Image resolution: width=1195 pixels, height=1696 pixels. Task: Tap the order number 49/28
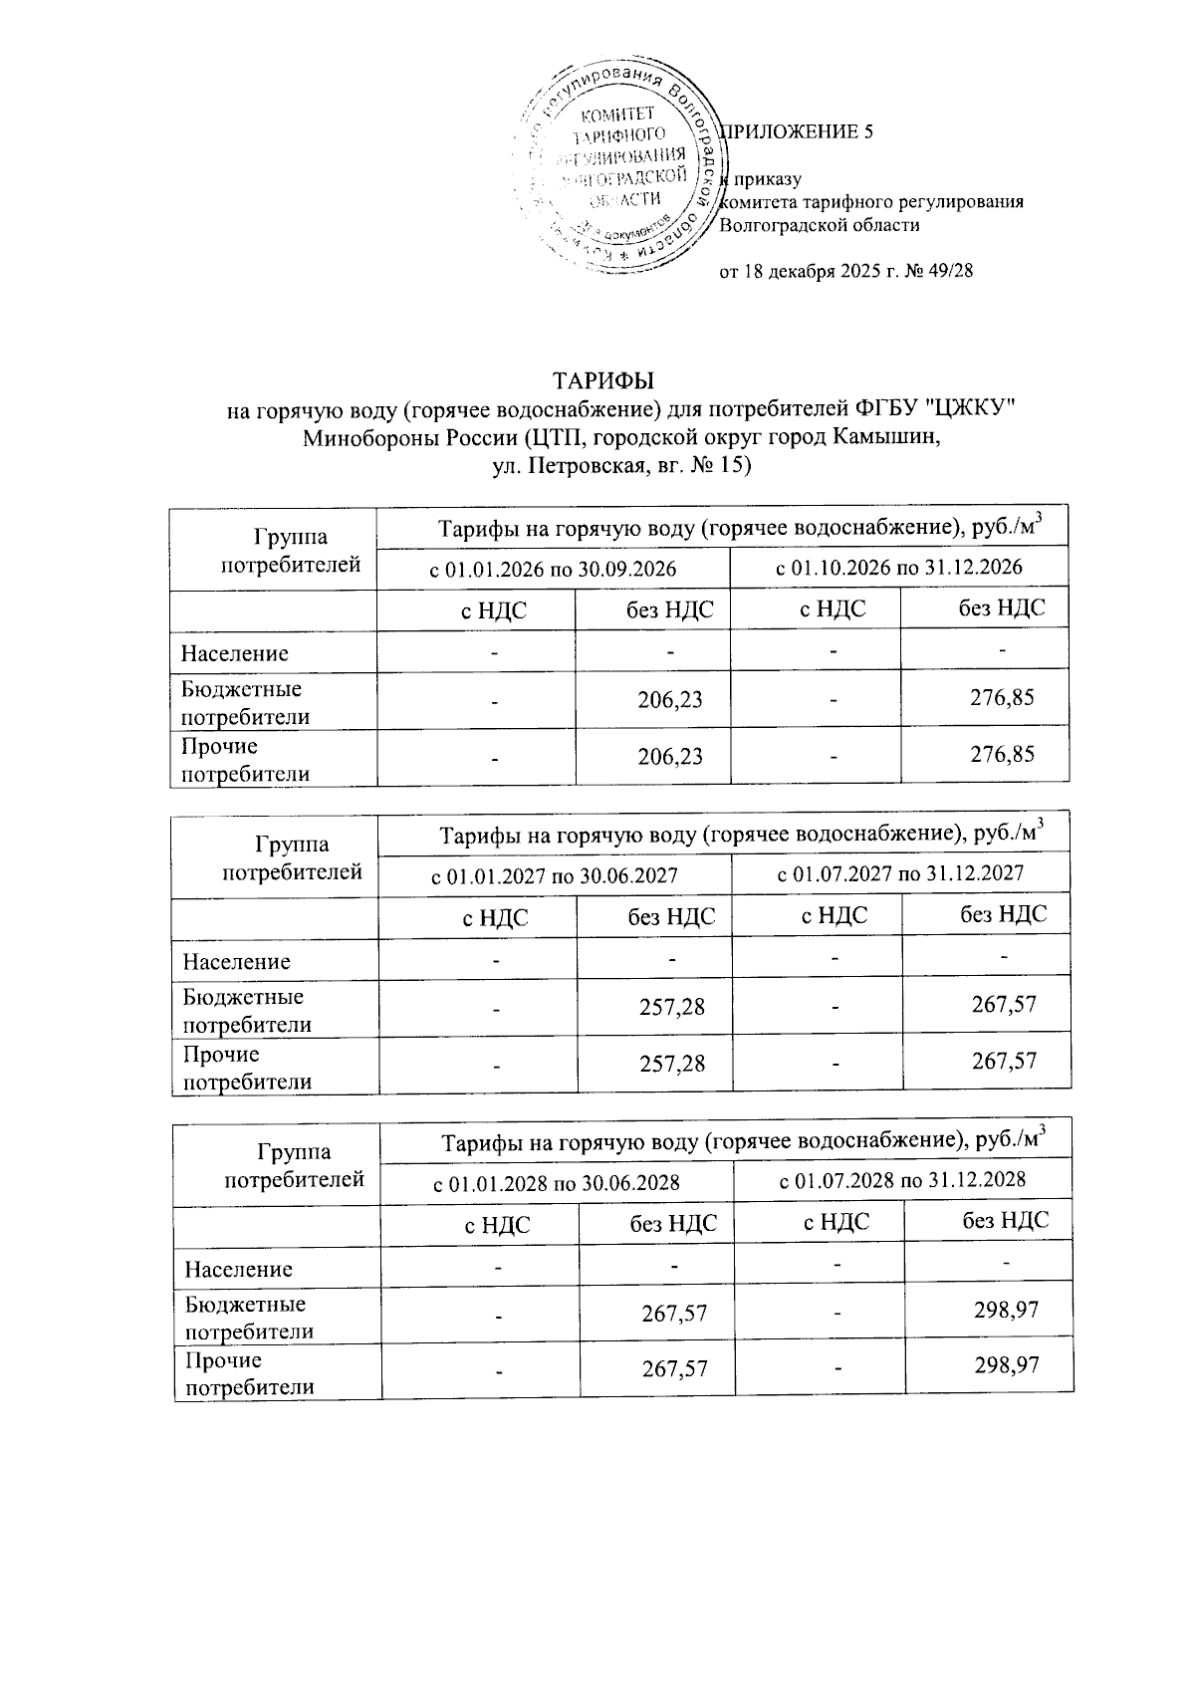pos(950,272)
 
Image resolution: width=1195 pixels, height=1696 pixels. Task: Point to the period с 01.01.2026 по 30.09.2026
pos(553,569)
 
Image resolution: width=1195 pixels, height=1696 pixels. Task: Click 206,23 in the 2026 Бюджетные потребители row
pos(670,699)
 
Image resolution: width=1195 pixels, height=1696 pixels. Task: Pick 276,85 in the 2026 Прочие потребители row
pos(1003,754)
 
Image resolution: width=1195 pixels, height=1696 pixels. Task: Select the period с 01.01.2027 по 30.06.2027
pos(554,876)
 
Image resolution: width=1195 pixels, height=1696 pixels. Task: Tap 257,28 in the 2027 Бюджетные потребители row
pos(672,1007)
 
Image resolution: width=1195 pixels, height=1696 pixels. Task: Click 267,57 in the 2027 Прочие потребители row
pos(1004,1061)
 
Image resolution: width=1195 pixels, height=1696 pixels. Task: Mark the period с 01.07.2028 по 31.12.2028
pos(902,1180)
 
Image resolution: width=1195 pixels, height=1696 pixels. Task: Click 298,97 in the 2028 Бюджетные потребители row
pos(1006,1310)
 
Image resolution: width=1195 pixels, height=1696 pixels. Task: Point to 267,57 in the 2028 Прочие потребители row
pos(674,1368)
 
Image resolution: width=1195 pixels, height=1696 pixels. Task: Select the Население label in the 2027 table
pos(236,962)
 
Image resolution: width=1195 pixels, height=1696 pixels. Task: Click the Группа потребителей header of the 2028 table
pos(294,1166)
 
